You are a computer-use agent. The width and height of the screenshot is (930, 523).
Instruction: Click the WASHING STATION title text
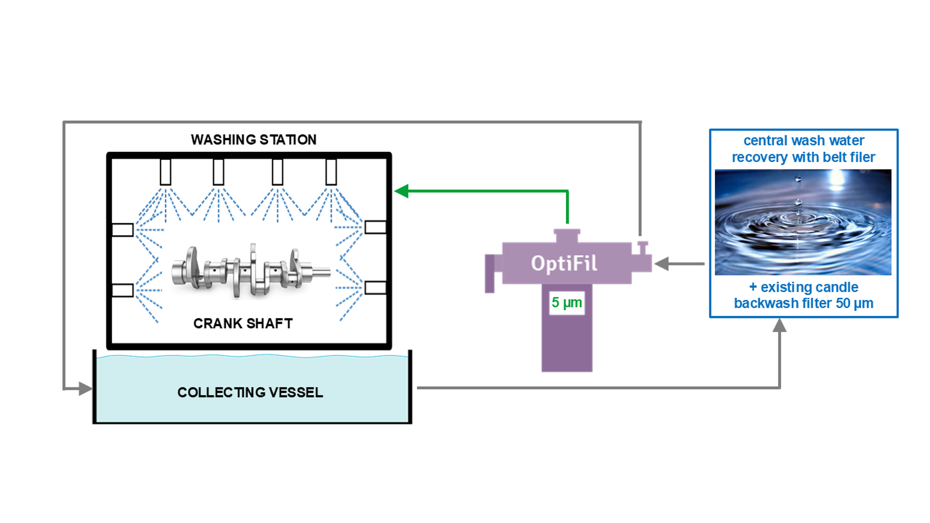(253, 140)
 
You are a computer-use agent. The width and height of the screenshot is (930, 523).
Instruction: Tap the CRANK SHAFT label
(243, 324)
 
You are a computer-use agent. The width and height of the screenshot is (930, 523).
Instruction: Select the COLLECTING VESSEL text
(250, 393)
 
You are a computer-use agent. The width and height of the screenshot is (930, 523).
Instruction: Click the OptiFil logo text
(564, 264)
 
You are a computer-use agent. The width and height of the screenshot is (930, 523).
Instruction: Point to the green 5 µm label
(566, 303)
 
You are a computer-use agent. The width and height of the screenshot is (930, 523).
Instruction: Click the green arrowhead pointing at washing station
(401, 191)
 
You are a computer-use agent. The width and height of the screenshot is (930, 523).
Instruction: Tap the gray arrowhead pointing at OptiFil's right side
(661, 264)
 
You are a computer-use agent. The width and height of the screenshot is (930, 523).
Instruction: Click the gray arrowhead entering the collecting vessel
(86, 389)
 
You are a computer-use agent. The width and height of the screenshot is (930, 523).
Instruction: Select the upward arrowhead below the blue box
(780, 325)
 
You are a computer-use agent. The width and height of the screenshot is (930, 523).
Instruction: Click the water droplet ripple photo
(803, 222)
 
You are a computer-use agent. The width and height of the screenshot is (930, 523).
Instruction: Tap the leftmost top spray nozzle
(165, 172)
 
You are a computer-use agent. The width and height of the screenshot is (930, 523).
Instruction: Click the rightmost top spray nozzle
(331, 172)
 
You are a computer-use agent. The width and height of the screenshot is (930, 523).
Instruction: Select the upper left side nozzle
(122, 230)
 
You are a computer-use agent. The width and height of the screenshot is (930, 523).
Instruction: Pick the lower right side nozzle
(375, 288)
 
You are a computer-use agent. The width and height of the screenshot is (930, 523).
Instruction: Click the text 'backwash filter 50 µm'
(803, 303)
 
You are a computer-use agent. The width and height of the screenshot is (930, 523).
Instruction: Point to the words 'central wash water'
(804, 141)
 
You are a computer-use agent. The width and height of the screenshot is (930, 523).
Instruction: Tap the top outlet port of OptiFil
(567, 236)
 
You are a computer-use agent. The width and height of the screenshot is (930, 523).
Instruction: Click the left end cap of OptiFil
(490, 273)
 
